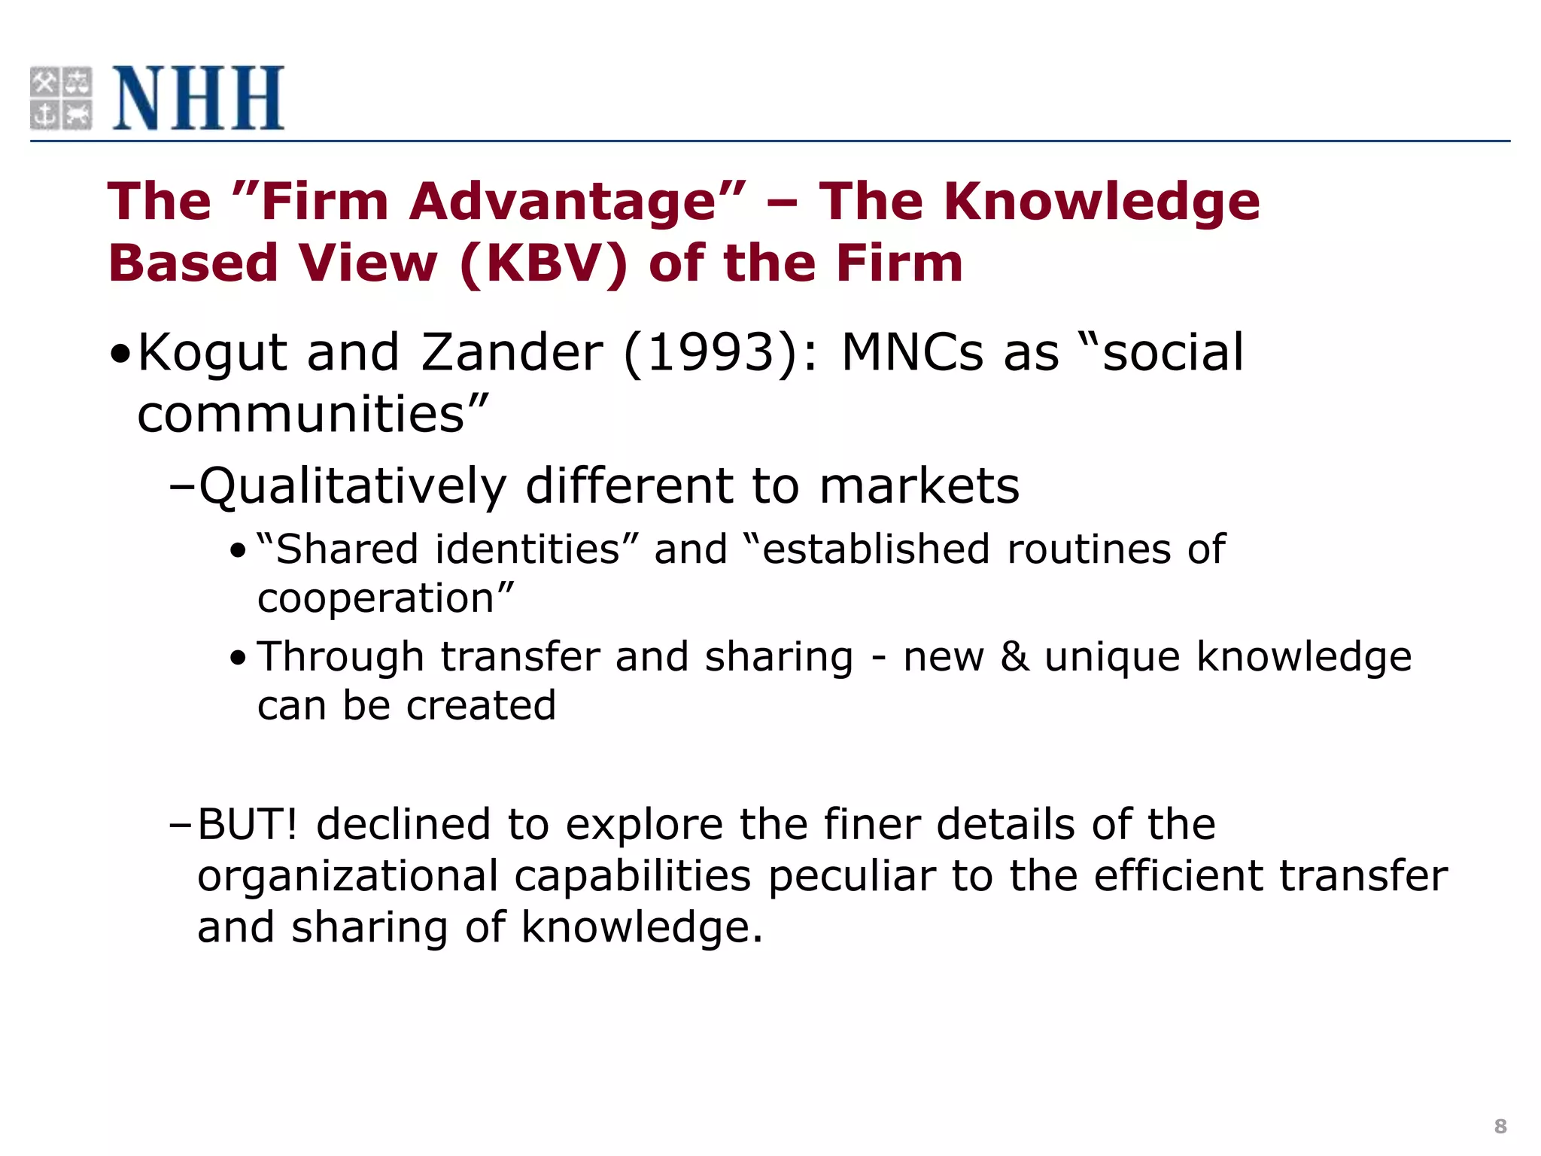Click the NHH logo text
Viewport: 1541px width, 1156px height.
coord(199,98)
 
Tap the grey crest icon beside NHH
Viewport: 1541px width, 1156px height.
coord(61,98)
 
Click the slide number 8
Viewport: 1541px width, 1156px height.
coord(1500,1126)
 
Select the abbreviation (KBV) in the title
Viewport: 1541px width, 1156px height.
coord(543,264)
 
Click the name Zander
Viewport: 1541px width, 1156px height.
coord(512,352)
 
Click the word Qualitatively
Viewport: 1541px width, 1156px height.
coord(352,487)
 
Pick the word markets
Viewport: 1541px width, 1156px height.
coord(919,486)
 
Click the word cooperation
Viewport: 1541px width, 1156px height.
coord(375,599)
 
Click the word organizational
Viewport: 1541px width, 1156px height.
coord(348,876)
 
